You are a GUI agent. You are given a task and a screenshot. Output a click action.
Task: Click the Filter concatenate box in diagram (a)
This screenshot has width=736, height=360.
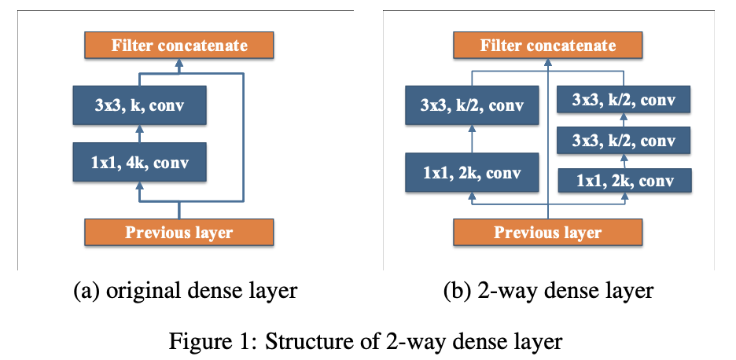179,46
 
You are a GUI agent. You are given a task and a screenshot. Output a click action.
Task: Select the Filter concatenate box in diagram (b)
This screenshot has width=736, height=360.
548,46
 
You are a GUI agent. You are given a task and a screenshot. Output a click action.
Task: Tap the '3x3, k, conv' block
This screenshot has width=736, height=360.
138,105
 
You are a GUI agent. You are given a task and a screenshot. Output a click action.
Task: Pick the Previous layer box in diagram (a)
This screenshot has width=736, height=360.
179,233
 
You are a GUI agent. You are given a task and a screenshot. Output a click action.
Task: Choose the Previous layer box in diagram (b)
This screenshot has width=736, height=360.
548,233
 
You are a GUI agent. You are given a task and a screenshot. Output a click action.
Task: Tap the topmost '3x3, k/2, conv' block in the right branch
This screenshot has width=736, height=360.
624,100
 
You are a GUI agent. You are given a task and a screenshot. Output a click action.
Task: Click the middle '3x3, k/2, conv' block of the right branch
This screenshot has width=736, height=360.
624,141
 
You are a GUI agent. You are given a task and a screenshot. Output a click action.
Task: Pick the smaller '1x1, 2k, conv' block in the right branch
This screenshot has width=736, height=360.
625,181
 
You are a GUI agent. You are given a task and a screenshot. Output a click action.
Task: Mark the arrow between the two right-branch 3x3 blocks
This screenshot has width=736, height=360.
624,120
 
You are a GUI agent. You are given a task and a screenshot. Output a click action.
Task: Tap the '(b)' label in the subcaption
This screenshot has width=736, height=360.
458,292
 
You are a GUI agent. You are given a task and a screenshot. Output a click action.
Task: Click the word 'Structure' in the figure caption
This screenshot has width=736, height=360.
296,341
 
